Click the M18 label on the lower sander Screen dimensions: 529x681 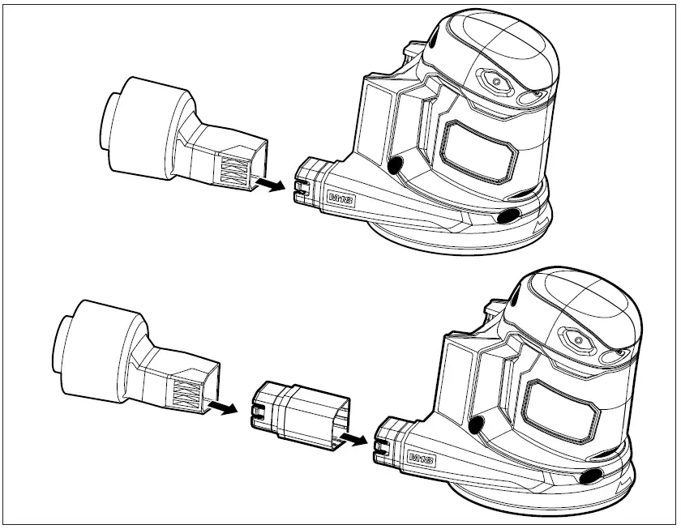click(x=422, y=460)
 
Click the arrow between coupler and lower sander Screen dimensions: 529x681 click(x=354, y=438)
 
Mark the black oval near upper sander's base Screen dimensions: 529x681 click(x=508, y=215)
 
